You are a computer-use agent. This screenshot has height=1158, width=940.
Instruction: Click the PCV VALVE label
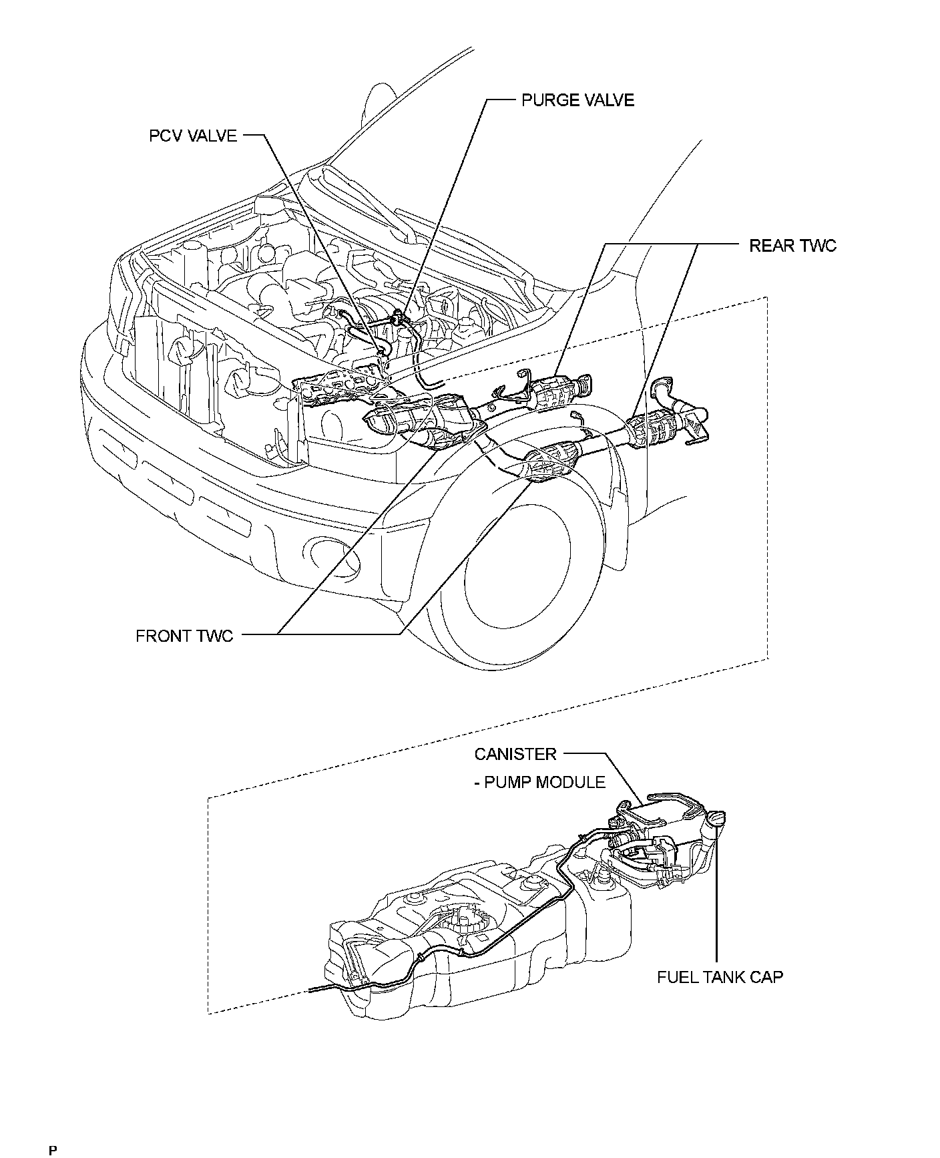tap(192, 136)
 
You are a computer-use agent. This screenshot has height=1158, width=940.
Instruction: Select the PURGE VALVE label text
tap(577, 100)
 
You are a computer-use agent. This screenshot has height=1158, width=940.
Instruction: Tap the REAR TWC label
tap(792, 246)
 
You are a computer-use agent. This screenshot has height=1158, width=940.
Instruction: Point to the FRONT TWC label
tap(184, 635)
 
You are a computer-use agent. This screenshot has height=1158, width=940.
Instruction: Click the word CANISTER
tap(515, 754)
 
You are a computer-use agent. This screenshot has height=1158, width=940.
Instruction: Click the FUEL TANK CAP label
tap(720, 977)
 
